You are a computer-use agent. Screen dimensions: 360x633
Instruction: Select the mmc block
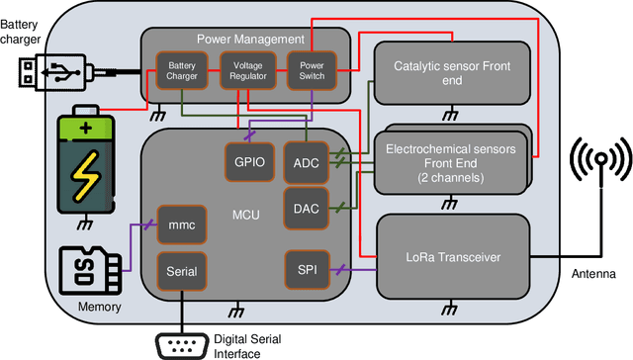click(182, 225)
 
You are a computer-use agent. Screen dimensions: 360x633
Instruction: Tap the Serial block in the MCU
click(182, 271)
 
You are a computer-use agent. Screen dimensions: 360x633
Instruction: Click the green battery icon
click(88, 160)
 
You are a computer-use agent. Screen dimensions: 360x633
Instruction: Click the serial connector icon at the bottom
click(182, 344)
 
